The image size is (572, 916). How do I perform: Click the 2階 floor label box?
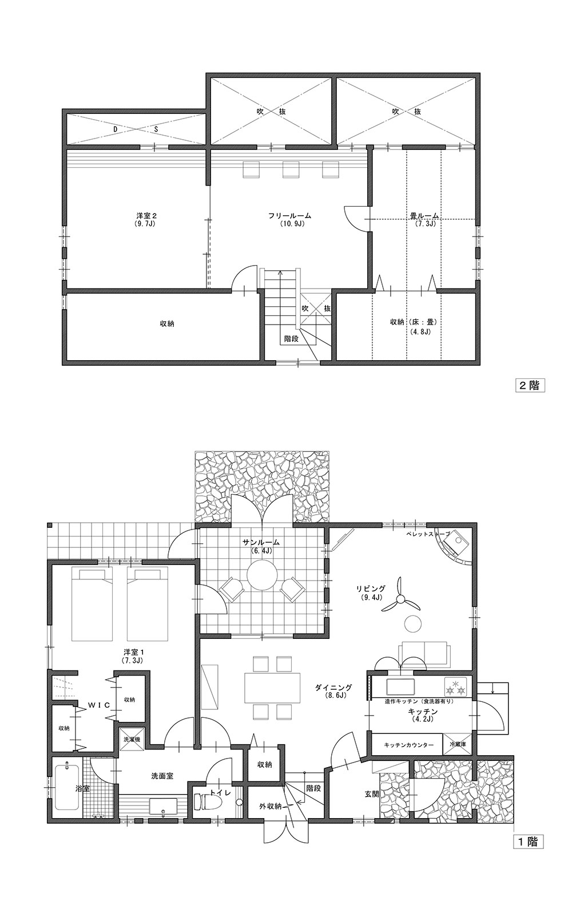point(529,385)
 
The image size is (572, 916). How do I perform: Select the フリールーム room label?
point(290,215)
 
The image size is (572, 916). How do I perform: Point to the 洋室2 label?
point(146,215)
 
